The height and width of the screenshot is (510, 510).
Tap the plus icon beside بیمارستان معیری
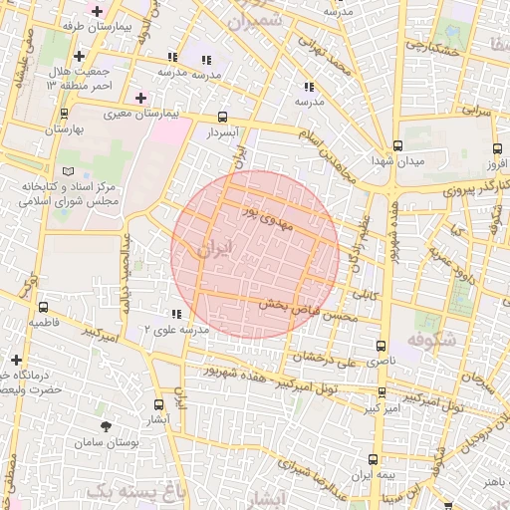pos(140,98)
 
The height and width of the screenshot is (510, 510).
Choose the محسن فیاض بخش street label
pos(308,311)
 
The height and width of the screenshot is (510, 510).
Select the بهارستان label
pos(65,129)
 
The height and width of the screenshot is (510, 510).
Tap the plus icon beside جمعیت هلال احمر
pos(78,56)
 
